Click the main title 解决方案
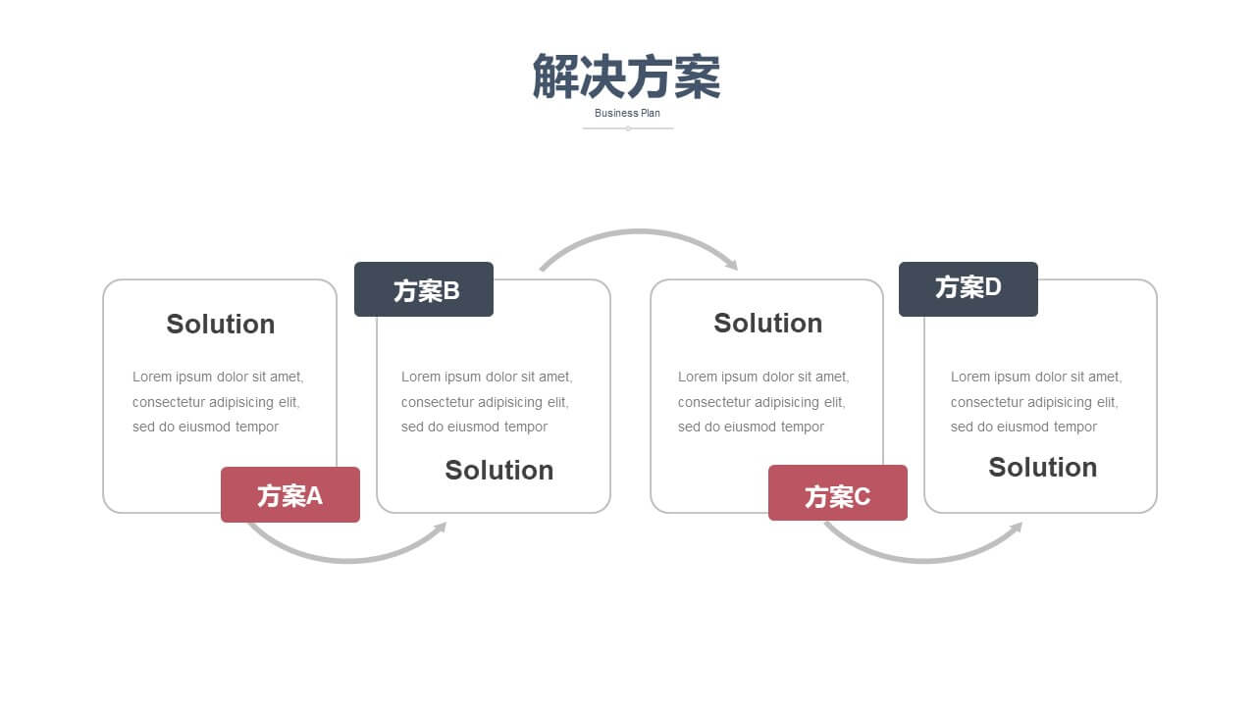(x=626, y=76)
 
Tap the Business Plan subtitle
(x=627, y=113)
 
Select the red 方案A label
(x=290, y=495)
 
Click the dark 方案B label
(x=424, y=289)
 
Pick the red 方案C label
(x=838, y=493)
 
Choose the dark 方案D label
(x=968, y=289)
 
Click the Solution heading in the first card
(x=221, y=325)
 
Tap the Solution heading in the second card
(x=499, y=470)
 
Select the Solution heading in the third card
(x=767, y=324)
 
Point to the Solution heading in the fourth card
(x=1042, y=468)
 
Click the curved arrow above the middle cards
(x=639, y=230)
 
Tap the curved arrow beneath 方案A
(x=347, y=560)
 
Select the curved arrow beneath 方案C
(x=924, y=560)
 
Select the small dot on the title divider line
(x=628, y=128)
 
